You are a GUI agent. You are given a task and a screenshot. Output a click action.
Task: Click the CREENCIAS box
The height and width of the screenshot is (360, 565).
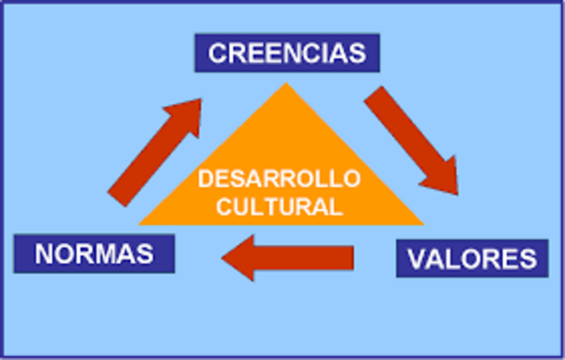pos(287,52)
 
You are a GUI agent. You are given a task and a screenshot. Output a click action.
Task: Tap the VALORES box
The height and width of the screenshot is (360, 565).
pos(471,259)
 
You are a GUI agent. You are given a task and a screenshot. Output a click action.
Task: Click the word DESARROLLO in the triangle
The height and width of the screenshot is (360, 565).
pos(279,179)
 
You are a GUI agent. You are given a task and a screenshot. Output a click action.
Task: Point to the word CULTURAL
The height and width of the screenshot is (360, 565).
pos(279,208)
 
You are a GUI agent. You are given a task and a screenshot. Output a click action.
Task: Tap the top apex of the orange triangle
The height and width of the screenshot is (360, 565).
pos(285,84)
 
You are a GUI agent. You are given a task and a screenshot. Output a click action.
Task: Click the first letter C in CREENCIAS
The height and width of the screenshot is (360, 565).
pos(217,53)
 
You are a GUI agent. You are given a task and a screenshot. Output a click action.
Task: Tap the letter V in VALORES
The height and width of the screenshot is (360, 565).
pos(416,259)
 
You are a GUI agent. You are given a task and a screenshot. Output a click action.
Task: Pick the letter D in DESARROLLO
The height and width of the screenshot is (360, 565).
pos(205,179)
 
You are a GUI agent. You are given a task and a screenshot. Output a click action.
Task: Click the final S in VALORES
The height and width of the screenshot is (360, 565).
pos(526,259)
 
